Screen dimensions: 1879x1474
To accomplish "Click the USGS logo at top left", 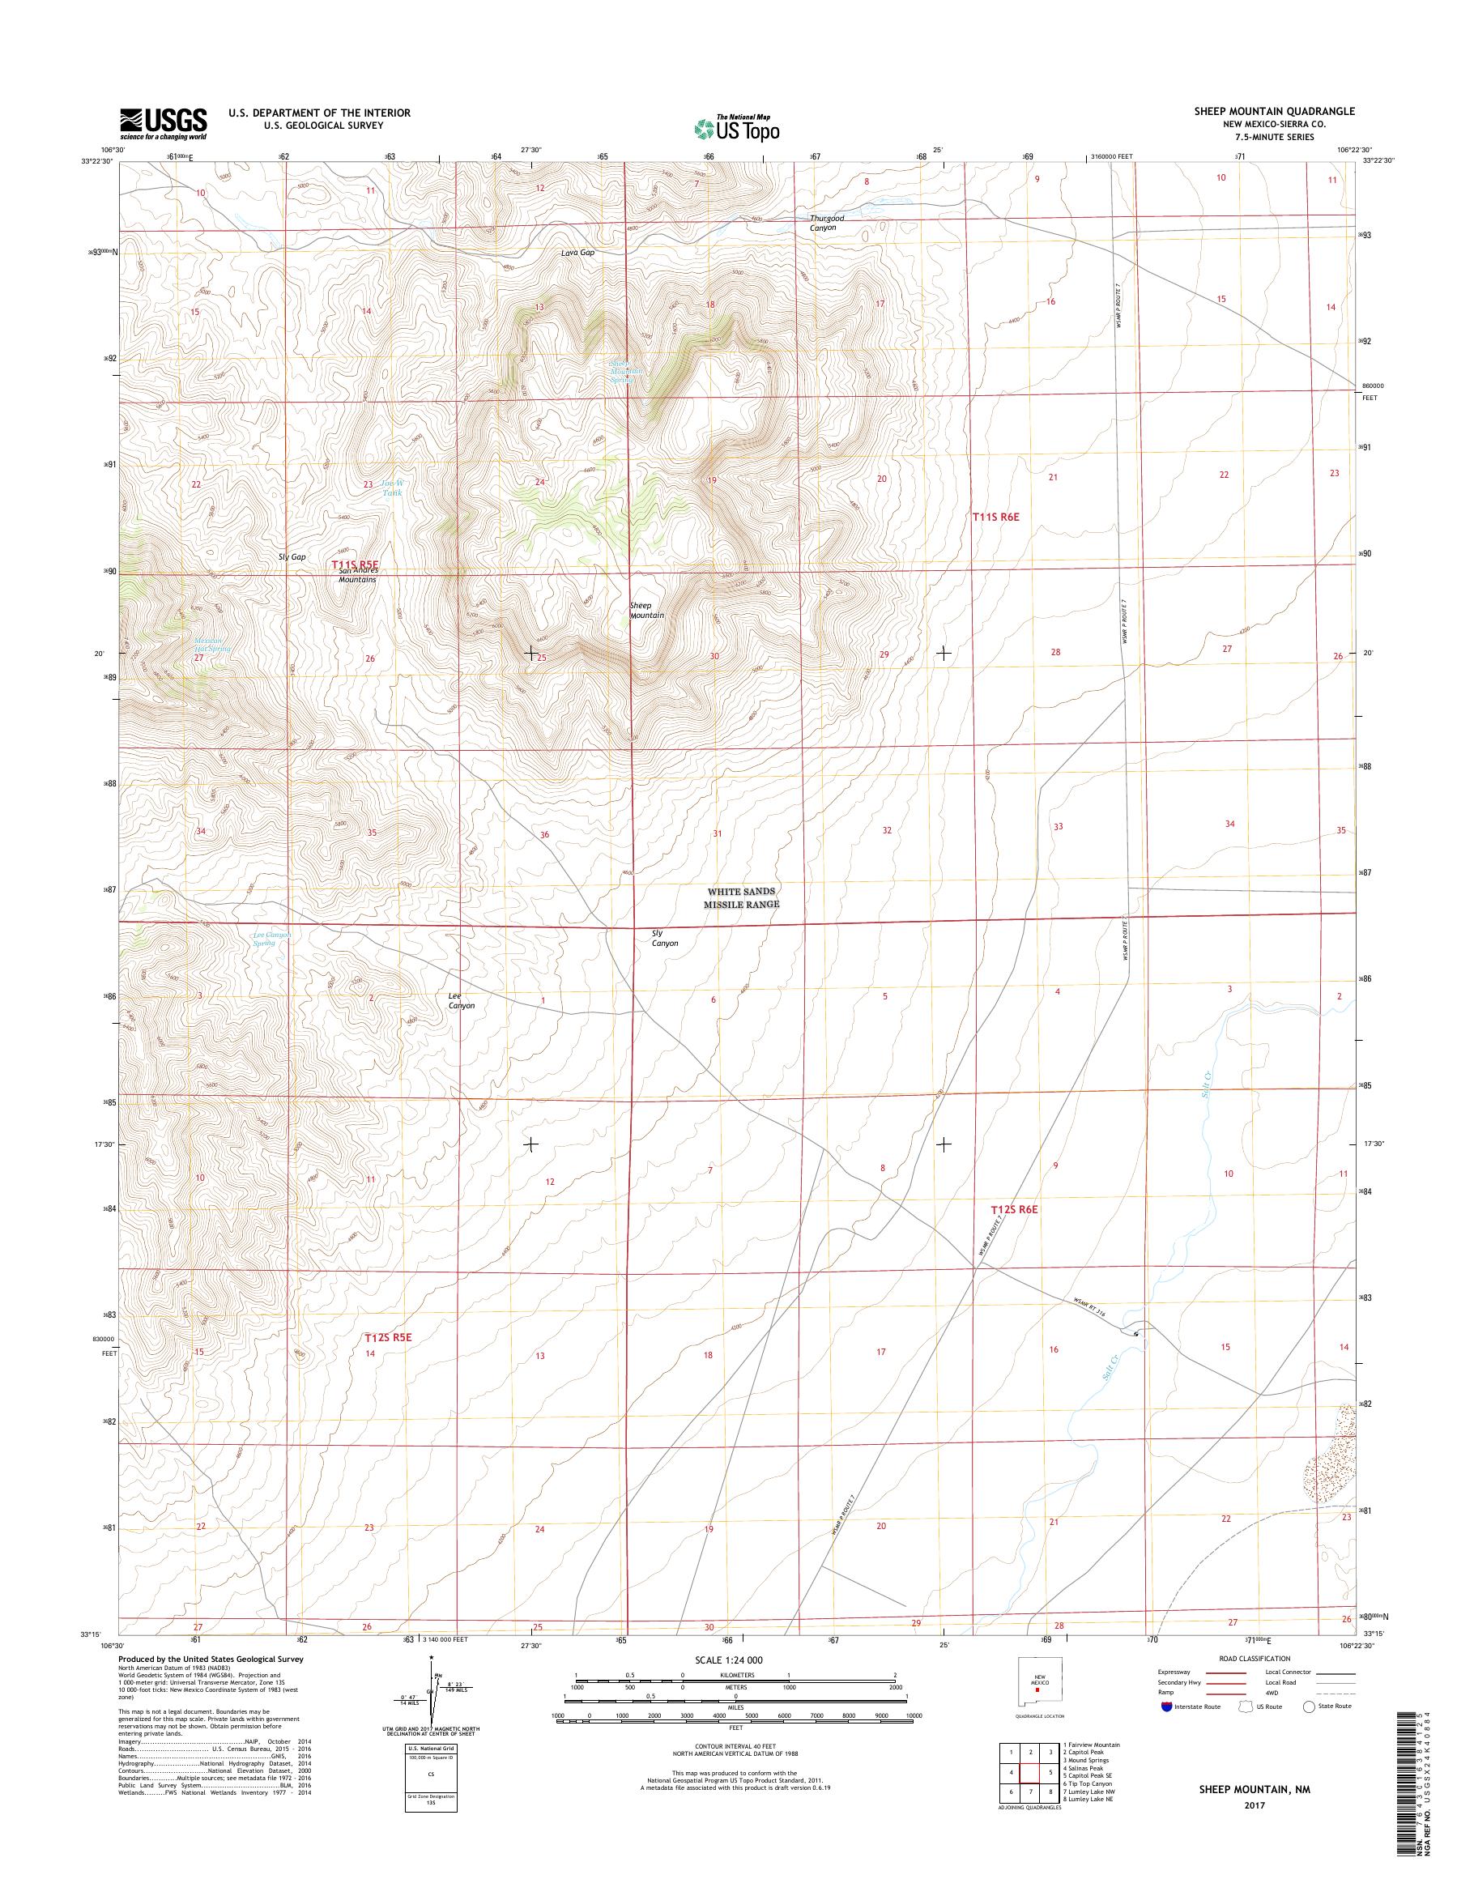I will pos(163,122).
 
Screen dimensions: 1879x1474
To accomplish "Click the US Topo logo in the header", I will pos(737,128).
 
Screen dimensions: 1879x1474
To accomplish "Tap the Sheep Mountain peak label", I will pos(646,610).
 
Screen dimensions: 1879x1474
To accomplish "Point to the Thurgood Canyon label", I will pos(827,223).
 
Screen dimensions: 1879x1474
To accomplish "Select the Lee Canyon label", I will pos(461,1000).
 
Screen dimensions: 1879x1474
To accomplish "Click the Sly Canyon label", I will pos(664,938).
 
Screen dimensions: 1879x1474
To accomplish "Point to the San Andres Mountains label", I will pos(356,576).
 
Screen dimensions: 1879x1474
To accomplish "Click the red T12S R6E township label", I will pos(1014,1209).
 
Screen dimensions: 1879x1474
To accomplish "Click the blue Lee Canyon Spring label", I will pos(271,938).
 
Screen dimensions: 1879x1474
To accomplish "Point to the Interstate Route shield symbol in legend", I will pos(1168,1706).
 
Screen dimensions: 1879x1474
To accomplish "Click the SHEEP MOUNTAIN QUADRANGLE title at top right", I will pos(1284,111).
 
